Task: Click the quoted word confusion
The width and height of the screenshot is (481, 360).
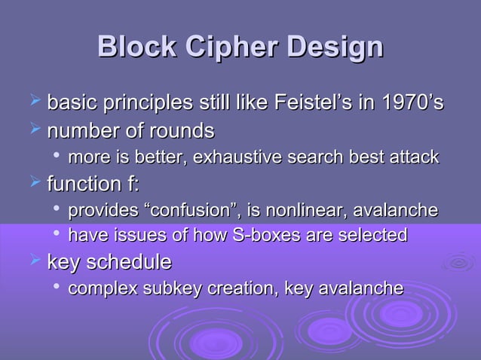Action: click(x=219, y=211)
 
